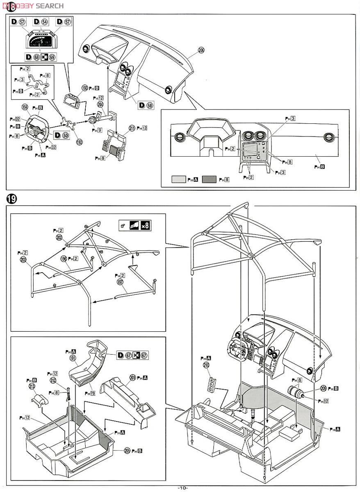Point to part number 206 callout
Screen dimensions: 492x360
[x=201, y=50]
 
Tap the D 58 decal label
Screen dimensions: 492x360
[x=145, y=105]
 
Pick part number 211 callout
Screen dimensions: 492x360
[x=132, y=128]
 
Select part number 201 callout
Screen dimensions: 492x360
[x=132, y=378]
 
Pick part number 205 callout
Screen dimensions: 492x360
[x=127, y=451]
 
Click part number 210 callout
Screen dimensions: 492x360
[x=206, y=365]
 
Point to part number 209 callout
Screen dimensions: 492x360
[x=324, y=388]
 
